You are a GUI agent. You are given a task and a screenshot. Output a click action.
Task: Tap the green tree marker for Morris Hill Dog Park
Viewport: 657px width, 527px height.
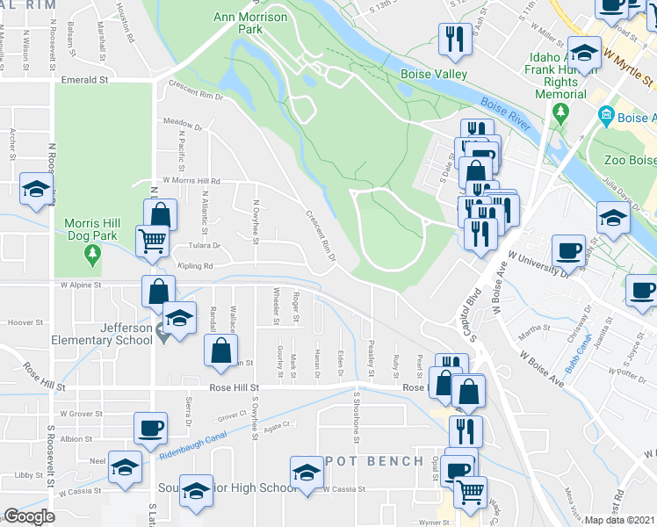coord(92,256)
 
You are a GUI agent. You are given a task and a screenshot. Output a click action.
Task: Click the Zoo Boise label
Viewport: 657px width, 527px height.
coord(630,160)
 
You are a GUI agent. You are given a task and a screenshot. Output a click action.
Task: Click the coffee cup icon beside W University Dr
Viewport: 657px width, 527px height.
coord(568,250)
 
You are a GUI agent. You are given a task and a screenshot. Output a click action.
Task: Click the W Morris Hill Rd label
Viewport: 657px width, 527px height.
coord(184,181)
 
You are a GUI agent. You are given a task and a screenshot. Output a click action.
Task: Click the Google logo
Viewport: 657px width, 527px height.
coord(29,516)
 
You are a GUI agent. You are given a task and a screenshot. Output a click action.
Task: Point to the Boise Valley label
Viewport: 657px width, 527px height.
coord(434,75)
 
